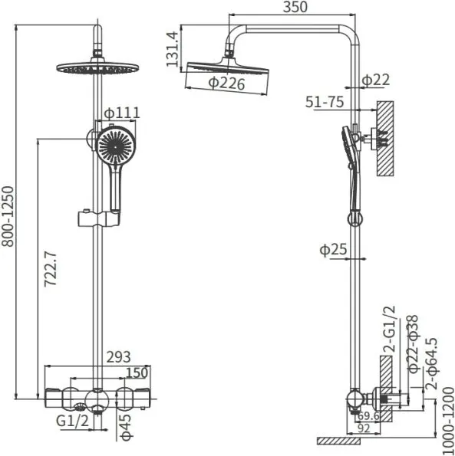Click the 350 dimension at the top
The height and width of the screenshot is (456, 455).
pos(295,7)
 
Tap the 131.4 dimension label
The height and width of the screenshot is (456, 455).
pos(172,49)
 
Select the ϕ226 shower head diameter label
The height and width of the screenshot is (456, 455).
pos(227,84)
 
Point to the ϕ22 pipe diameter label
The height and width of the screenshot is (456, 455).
pos(375,80)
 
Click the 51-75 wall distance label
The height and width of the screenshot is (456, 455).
pos(325,102)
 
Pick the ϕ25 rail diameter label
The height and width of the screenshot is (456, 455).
pos(333,250)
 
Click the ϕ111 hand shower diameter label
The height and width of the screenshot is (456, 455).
pos(122,113)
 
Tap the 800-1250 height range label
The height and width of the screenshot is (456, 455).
pos(8,216)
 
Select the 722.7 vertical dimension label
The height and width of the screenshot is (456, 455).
pos(51,269)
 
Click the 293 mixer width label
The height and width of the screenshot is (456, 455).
pos(118,357)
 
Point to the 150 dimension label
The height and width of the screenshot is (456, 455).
pos(137,372)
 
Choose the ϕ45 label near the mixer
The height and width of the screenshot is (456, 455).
pos(127,428)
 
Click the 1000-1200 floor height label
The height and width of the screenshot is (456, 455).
pos(449,421)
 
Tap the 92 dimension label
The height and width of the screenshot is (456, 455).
pos(363,428)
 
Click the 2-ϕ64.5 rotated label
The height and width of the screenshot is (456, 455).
pos(431,363)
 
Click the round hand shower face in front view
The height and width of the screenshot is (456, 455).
pos(116,146)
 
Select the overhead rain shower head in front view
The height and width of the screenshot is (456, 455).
pos(97,67)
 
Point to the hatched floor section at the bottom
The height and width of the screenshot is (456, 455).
pos(338,441)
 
